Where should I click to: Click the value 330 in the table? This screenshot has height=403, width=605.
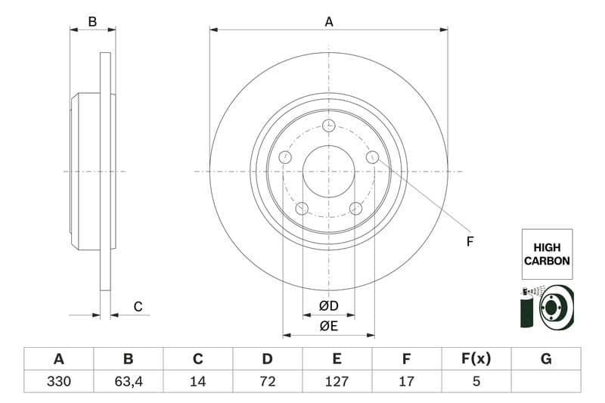[x=59, y=382]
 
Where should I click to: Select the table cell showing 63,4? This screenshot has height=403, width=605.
[x=128, y=382]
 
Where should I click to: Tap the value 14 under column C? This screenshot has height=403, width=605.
[x=198, y=382]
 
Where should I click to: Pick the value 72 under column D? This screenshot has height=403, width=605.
[x=267, y=382]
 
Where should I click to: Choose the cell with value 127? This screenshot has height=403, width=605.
[x=337, y=382]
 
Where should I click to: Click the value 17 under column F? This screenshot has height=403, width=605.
[x=406, y=382]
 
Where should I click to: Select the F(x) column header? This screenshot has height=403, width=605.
[x=476, y=359]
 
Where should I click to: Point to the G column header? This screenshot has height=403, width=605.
[x=545, y=359]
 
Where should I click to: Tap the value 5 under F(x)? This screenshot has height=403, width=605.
[x=476, y=382]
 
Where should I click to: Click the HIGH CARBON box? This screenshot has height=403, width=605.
[x=546, y=254]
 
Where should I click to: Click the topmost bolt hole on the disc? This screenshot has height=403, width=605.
[x=328, y=126]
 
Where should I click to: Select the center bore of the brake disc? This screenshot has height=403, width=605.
[x=328, y=171]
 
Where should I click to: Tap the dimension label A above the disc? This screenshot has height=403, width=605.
[x=329, y=22]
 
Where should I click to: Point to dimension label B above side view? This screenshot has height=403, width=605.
[x=92, y=22]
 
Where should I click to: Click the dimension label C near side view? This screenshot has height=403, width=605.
[x=138, y=306]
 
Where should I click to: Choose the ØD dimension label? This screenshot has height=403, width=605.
[x=328, y=305]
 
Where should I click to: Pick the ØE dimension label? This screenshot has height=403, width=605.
[x=328, y=326]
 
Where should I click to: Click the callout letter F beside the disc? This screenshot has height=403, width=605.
[x=470, y=242]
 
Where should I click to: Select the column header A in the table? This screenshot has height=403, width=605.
[x=59, y=359]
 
